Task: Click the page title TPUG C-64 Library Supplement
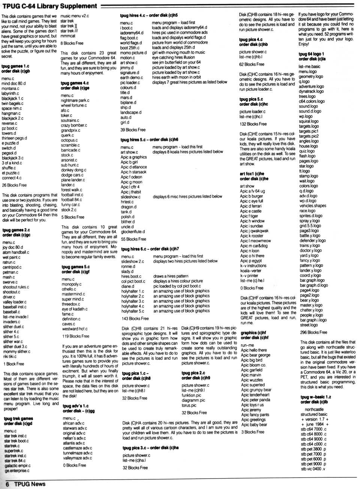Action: [49, 6]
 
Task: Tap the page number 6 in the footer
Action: [7, 484]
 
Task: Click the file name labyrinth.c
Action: [10, 93]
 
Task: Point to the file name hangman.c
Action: [11, 113]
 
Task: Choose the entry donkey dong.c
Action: [73, 170]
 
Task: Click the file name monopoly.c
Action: [72, 284]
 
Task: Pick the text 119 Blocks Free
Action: [76, 336]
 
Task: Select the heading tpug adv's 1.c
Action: [76, 406]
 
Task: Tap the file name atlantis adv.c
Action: [74, 443]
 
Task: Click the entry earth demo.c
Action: [132, 78]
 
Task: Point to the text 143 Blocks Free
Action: [135, 319]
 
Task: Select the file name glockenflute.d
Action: [133, 232]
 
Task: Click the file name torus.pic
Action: [189, 405]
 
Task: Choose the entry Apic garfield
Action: [252, 370]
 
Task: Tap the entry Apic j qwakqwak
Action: [254, 231]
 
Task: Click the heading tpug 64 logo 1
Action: [311, 54]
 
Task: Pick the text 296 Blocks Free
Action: [313, 332]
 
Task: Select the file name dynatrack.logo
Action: [311, 91]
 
